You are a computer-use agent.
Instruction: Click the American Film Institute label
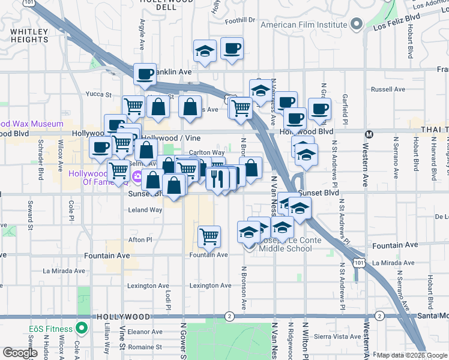pyautogui.click(x=304, y=25)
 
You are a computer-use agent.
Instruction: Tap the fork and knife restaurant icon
pyautogui.click(x=217, y=178)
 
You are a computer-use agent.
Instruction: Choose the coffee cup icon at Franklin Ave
pyautogui.click(x=145, y=74)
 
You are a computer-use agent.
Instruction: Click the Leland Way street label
pyautogui.click(x=146, y=210)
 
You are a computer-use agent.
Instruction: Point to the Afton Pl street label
pyautogui.click(x=140, y=239)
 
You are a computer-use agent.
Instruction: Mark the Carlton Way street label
pyautogui.click(x=207, y=152)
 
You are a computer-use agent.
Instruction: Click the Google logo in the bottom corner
pyautogui.click(x=19, y=353)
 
